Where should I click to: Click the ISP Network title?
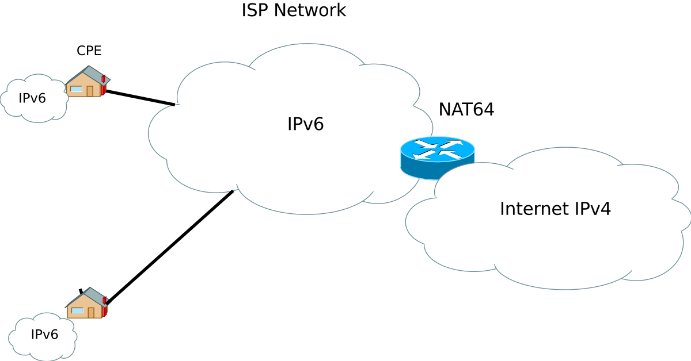click(294, 10)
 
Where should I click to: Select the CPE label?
click(89, 51)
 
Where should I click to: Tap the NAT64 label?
click(466, 109)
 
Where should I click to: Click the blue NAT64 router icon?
click(437, 156)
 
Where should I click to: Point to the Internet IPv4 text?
click(555, 209)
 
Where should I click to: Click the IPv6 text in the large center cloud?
click(305, 124)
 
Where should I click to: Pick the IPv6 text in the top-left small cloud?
click(32, 98)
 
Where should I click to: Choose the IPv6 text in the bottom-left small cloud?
click(44, 335)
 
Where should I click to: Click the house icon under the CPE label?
click(86, 82)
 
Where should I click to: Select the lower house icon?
click(86, 304)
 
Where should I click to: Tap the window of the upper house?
click(77, 89)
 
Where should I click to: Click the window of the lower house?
click(77, 310)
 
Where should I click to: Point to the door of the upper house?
click(90, 91)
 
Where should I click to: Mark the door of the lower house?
click(91, 312)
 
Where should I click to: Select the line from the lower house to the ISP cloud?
click(170, 247)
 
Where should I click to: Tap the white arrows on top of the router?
click(438, 149)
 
